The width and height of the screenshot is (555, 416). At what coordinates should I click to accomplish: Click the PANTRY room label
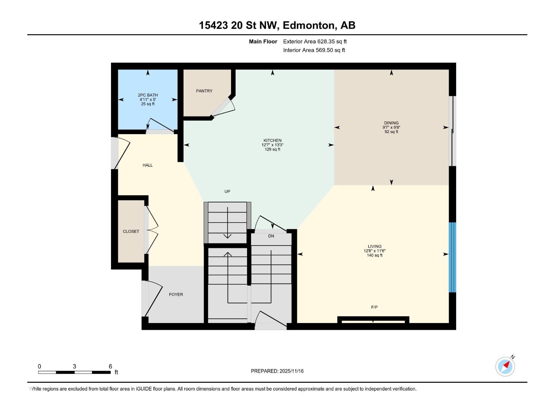point(204,91)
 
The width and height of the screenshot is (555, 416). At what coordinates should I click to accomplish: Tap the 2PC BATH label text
point(148,95)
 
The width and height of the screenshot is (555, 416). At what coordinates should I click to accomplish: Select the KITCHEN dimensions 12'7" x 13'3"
point(272,145)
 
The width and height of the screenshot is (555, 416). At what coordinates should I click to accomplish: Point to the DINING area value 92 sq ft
point(391,132)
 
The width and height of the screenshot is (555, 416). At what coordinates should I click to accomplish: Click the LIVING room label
point(375,246)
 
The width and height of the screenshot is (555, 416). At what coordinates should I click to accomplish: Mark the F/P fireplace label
point(374,307)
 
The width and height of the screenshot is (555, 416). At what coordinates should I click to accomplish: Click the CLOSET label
point(131,231)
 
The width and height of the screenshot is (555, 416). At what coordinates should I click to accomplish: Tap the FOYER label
point(176,294)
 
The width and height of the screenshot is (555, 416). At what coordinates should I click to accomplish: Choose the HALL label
point(147,165)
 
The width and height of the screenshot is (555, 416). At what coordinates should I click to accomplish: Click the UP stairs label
point(227,191)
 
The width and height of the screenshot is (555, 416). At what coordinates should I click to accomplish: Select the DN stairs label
point(271,236)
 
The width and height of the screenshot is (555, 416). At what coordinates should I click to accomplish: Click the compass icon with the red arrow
point(505,366)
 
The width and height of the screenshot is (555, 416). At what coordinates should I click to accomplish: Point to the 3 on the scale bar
point(74,366)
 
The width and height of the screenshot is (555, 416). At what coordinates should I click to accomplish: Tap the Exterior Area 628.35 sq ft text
point(315,42)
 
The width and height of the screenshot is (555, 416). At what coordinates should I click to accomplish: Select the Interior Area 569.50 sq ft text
point(314,50)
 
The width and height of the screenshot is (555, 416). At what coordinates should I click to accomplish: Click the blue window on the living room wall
point(452,257)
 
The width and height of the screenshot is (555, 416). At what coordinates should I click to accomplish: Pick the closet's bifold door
point(152,229)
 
